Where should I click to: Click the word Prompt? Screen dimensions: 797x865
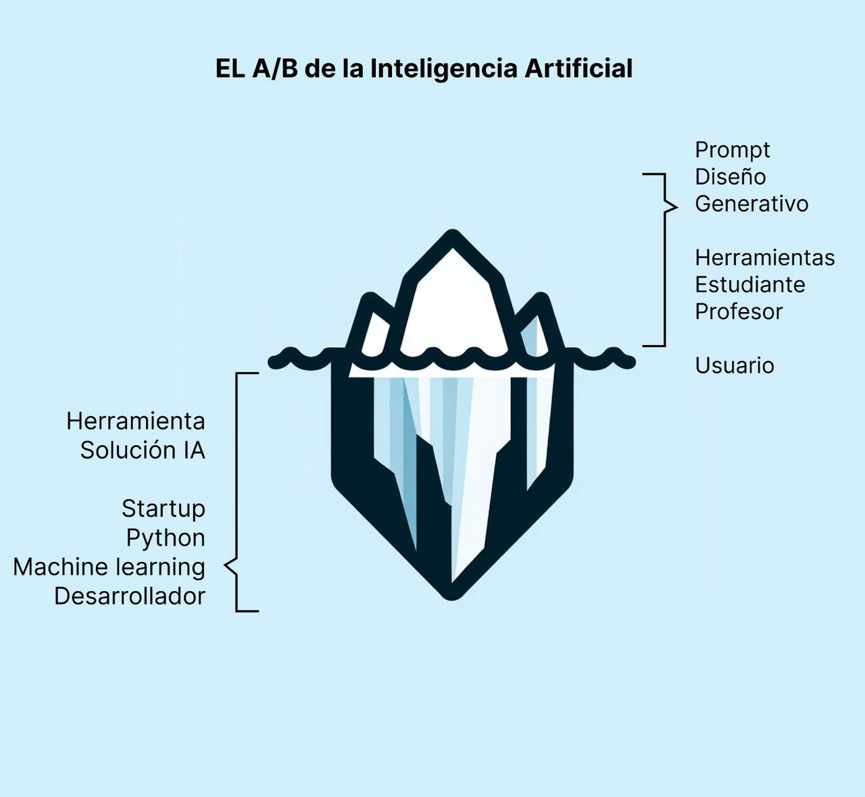pyautogui.click(x=733, y=151)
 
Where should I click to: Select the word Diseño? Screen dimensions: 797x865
pyautogui.click(x=731, y=177)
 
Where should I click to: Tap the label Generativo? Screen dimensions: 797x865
pyautogui.click(x=751, y=204)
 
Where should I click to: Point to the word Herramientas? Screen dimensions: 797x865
pyautogui.click(x=764, y=258)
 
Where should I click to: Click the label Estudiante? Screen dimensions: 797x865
pyautogui.click(x=749, y=285)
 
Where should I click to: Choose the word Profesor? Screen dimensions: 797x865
pyautogui.click(x=739, y=312)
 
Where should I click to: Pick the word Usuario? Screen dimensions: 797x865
pyautogui.click(x=735, y=366)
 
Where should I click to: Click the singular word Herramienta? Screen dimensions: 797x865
pyautogui.click(x=136, y=421)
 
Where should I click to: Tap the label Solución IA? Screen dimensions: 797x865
pyautogui.click(x=143, y=451)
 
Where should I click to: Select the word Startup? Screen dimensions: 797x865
pyautogui.click(x=164, y=509)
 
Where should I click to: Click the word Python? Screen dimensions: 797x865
pyautogui.click(x=166, y=538)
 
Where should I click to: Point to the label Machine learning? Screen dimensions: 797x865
pyautogui.click(x=109, y=567)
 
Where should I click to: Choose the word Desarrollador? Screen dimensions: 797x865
pyautogui.click(x=130, y=596)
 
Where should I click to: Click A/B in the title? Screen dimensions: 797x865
pyautogui.click(x=275, y=69)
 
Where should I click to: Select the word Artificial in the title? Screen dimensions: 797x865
pyautogui.click(x=578, y=69)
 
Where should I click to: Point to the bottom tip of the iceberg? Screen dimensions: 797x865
pyautogui.click(x=451, y=594)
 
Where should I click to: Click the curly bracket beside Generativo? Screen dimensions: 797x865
pyautogui.click(x=668, y=206)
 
